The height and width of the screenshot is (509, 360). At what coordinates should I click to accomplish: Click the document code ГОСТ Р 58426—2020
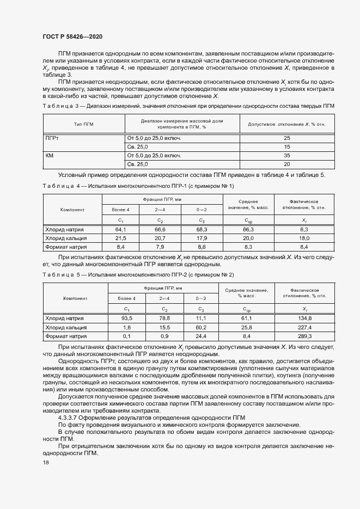pos(72,36)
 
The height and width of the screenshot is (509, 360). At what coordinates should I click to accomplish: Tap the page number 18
pos(46,462)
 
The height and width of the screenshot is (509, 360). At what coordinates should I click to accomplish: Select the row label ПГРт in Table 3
pos(52,138)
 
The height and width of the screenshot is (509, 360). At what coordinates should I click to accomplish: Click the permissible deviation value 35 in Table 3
pos(287,155)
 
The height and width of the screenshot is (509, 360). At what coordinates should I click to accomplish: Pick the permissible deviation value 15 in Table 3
pos(287,147)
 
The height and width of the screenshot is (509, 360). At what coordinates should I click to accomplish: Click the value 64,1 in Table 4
pos(121,230)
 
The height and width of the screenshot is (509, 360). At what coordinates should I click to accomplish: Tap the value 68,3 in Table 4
pos(201,230)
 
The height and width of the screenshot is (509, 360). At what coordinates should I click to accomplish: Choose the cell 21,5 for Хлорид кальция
pos(121,238)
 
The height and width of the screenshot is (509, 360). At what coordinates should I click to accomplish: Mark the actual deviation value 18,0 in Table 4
pos(304,238)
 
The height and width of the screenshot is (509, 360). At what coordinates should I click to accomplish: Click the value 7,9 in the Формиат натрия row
pos(160,247)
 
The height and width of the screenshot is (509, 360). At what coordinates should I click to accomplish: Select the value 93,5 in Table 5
pos(127,318)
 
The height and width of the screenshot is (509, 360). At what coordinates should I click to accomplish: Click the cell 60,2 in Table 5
pos(201,328)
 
